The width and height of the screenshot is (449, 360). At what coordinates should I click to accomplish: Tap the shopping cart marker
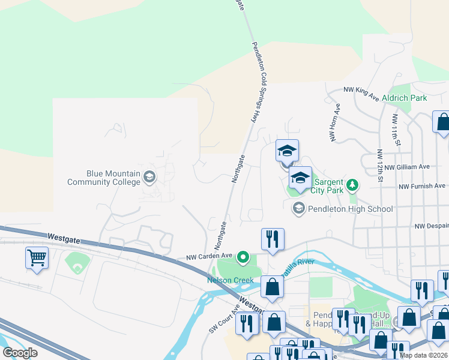37,258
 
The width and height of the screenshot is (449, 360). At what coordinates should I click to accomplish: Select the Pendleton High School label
350,209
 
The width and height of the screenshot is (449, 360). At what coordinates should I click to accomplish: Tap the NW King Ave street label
361,92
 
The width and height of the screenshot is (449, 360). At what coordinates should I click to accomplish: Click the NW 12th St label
380,165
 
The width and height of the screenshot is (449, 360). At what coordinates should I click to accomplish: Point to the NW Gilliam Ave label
407,167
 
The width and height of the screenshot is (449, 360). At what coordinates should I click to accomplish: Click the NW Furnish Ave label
422,186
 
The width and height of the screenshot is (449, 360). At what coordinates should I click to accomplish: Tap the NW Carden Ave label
208,256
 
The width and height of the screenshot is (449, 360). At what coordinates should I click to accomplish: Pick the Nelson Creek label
231,280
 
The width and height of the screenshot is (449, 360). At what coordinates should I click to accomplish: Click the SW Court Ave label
224,319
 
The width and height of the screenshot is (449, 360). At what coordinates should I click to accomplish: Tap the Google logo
20,353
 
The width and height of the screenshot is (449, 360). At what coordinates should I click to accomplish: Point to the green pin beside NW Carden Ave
243,258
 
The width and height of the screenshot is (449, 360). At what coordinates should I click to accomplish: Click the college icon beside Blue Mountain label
149,176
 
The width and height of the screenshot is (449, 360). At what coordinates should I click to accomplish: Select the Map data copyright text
423,355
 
